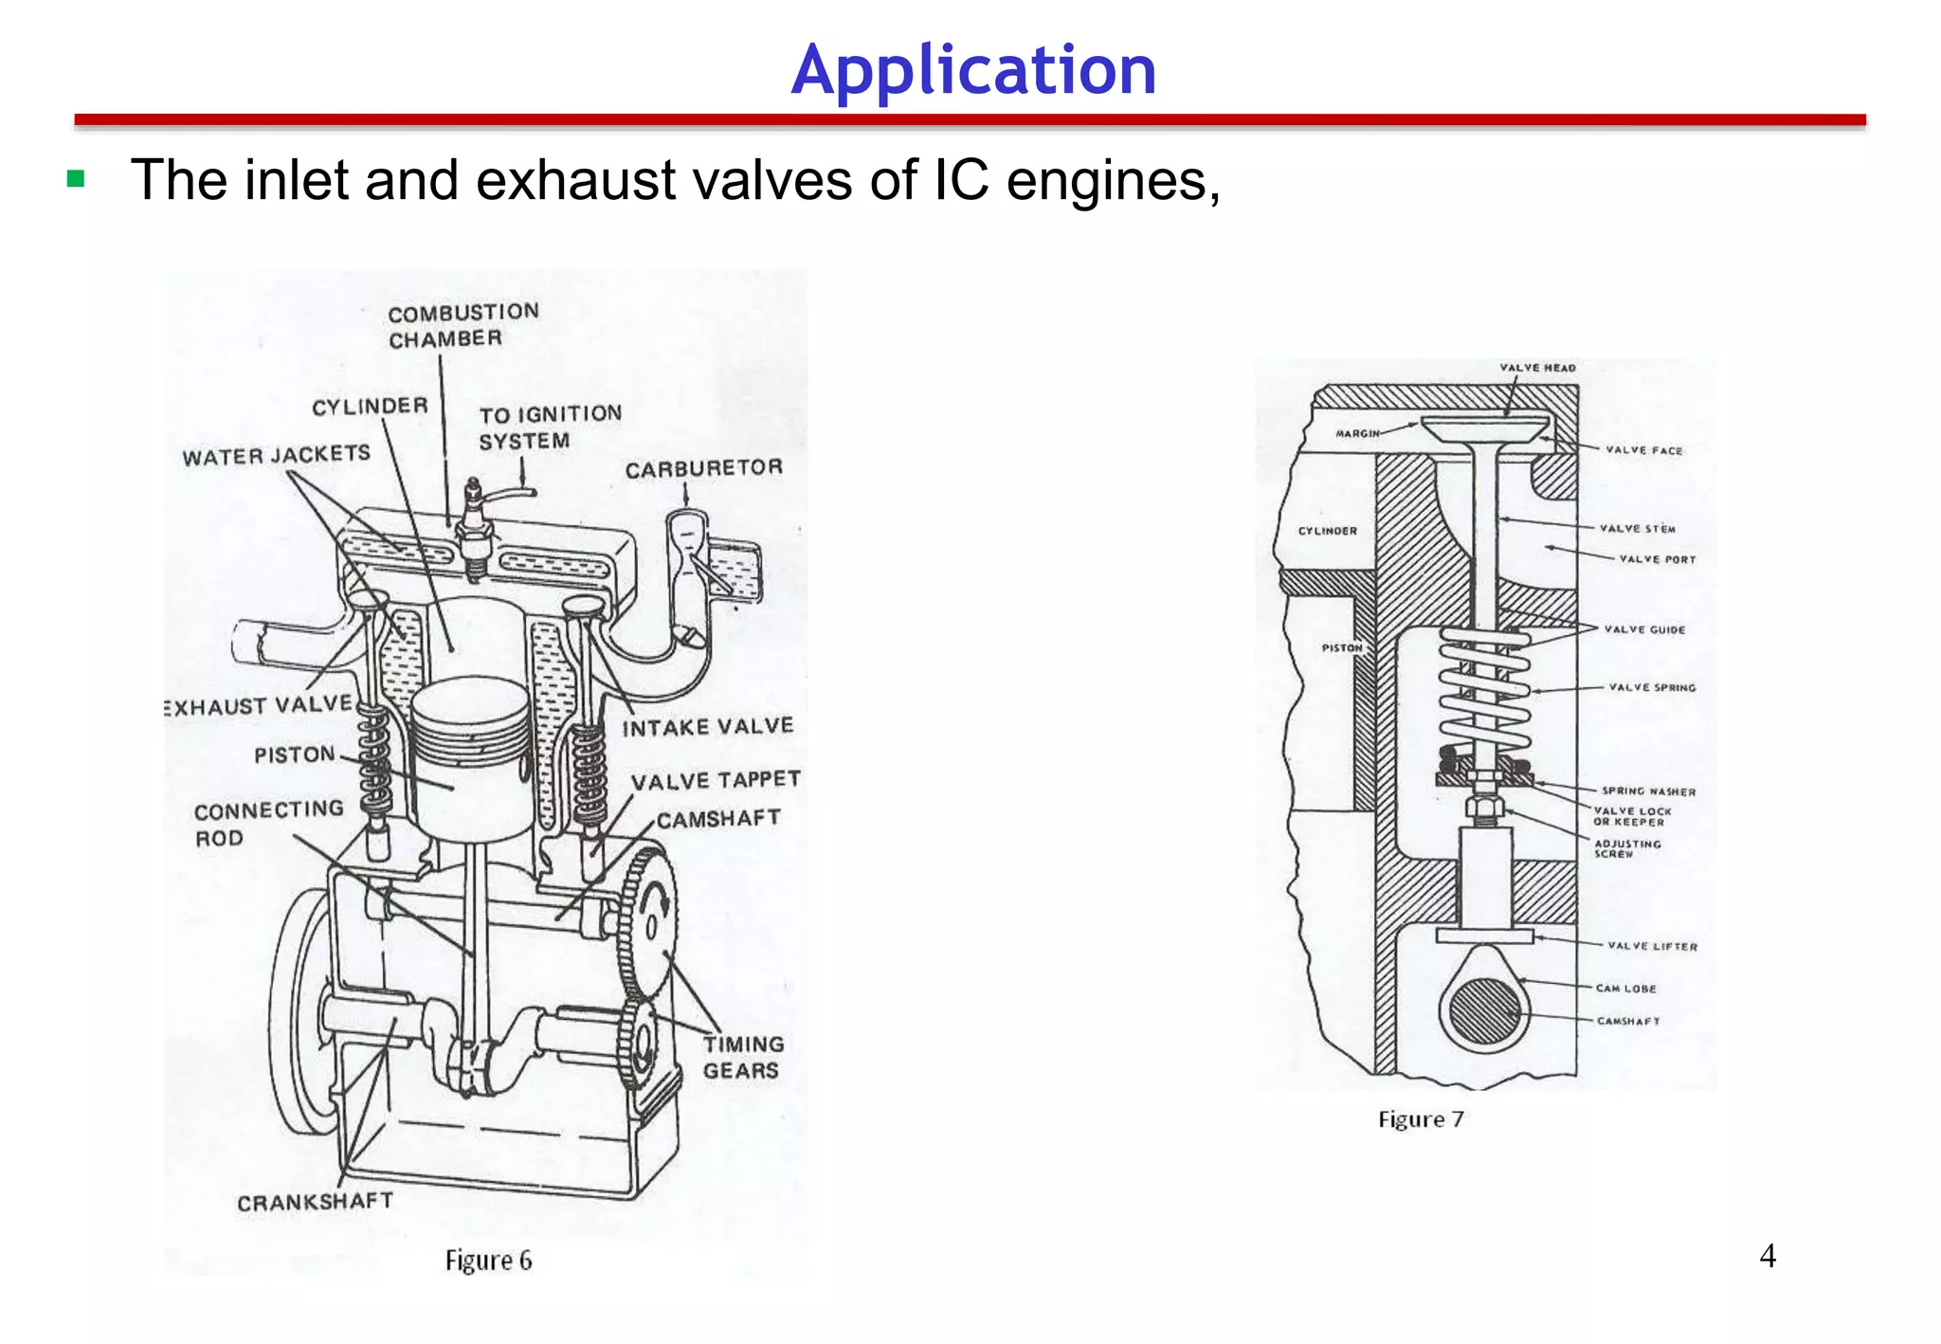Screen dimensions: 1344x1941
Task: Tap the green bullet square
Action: click(x=77, y=179)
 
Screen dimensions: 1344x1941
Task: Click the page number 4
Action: click(x=1767, y=1256)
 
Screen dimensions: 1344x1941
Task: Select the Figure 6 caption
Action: click(x=488, y=1261)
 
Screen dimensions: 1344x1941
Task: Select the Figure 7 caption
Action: click(x=1421, y=1119)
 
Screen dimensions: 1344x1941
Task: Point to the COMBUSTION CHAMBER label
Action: click(x=463, y=325)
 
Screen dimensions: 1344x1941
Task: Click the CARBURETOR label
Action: click(x=703, y=468)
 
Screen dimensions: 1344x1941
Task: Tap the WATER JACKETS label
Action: click(x=276, y=456)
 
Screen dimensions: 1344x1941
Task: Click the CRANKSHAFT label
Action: click(x=315, y=1202)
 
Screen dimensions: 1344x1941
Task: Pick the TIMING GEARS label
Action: click(x=743, y=1057)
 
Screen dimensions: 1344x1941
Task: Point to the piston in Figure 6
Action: click(x=471, y=758)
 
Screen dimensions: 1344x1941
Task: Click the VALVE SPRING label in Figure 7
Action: click(x=1651, y=687)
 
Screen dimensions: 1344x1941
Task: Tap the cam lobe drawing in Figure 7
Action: click(x=1484, y=1000)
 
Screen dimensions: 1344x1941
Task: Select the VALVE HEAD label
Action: click(x=1537, y=368)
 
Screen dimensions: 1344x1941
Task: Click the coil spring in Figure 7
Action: click(x=1484, y=692)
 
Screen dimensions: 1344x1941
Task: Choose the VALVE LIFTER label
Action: click(x=1652, y=946)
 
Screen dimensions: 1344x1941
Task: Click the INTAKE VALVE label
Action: click(x=707, y=727)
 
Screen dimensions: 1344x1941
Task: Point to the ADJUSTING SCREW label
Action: click(x=1626, y=848)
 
